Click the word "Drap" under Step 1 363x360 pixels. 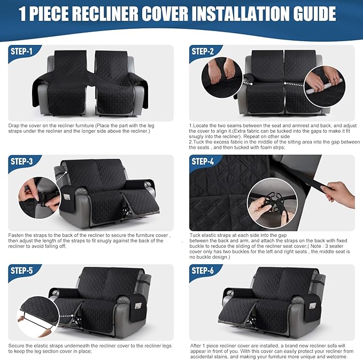point(14,125)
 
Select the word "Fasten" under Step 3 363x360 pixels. point(17,235)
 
